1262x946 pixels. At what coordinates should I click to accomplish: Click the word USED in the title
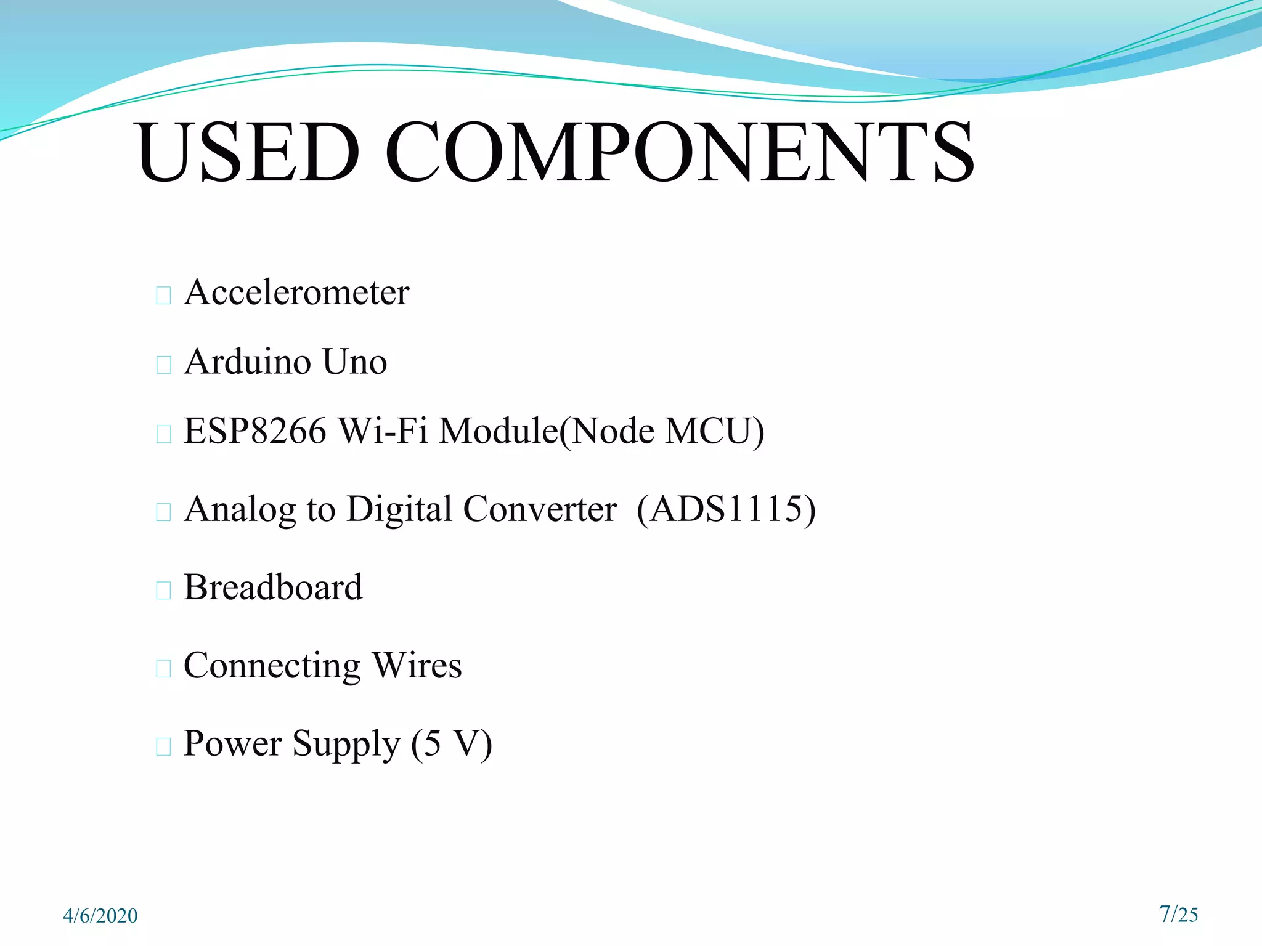tap(248, 152)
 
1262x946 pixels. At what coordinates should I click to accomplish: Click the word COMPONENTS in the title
tap(679, 152)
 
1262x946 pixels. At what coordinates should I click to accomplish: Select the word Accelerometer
tap(296, 293)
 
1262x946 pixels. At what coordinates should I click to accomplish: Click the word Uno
tap(354, 362)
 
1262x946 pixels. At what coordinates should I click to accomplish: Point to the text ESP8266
tap(254, 431)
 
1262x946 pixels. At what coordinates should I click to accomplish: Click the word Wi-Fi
tap(383, 431)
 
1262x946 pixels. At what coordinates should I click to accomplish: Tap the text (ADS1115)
tap(726, 509)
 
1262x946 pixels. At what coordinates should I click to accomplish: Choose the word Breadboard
tap(273, 587)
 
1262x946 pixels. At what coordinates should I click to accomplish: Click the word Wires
tap(417, 666)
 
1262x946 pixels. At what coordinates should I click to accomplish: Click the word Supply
tap(346, 745)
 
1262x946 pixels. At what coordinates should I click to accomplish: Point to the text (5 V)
tap(451, 744)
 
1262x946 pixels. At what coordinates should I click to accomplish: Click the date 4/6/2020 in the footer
tap(100, 916)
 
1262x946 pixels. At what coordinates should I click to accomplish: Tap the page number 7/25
tap(1178, 914)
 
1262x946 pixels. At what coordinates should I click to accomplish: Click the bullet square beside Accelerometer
tap(163, 296)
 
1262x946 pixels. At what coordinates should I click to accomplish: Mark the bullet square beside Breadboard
tap(163, 591)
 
